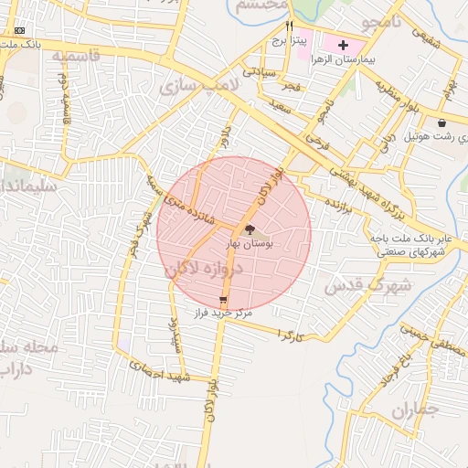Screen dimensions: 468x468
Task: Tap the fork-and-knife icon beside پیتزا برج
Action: pos(290,27)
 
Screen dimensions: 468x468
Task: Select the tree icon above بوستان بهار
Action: pos(250,230)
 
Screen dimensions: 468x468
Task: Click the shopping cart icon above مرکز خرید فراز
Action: pos(224,300)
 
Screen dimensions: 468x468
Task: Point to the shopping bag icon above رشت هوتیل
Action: pos(442,122)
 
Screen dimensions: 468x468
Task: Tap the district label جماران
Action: pos(415,410)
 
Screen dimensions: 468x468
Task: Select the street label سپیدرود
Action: pos(174,335)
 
